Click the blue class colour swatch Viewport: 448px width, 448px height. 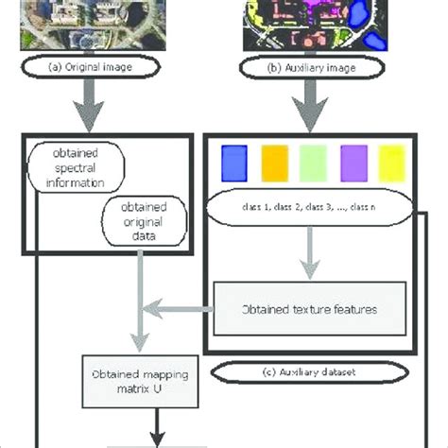point(233,163)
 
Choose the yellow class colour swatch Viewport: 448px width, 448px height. point(391,163)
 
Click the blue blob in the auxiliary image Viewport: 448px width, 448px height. point(361,14)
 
